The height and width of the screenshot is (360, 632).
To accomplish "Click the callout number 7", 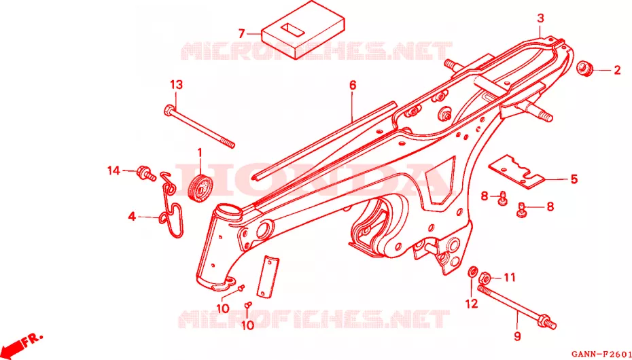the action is pyautogui.click(x=242, y=33).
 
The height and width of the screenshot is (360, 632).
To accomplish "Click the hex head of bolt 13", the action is pyautogui.click(x=170, y=109).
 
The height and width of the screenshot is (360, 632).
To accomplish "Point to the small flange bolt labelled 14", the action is pyautogui.click(x=146, y=174).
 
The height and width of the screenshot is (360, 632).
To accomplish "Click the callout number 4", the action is pyautogui.click(x=133, y=217).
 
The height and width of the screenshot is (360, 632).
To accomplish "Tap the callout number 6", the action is pyautogui.click(x=353, y=85).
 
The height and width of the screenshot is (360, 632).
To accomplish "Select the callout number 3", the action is pyautogui.click(x=540, y=18).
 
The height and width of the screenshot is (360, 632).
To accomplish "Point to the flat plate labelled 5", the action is pyautogui.click(x=516, y=172).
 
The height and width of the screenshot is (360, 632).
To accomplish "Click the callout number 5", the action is pyautogui.click(x=574, y=179).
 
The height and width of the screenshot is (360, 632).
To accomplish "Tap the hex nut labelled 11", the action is pyautogui.click(x=485, y=278).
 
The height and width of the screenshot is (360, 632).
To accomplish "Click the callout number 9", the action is pyautogui.click(x=518, y=336).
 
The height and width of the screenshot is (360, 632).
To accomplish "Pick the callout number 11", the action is pyautogui.click(x=510, y=277).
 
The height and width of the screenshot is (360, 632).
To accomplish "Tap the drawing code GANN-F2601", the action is pyautogui.click(x=601, y=353).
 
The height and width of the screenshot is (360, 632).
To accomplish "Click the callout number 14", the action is pyautogui.click(x=113, y=170).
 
